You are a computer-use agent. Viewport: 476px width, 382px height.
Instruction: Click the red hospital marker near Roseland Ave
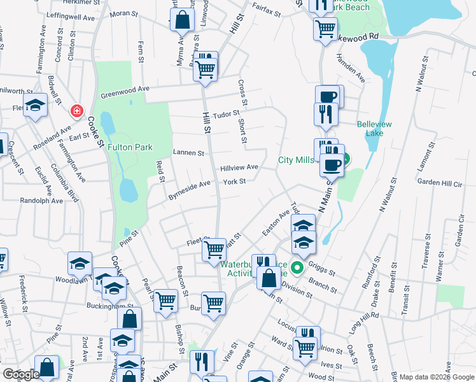77,111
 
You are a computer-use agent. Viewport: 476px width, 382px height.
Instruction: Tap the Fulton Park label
130,147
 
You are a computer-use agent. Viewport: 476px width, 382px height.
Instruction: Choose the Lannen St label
188,153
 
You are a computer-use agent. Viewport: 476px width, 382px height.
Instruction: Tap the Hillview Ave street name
239,167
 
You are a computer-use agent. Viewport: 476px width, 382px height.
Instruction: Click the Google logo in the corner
21,374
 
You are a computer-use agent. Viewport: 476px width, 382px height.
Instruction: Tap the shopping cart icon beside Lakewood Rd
325,28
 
